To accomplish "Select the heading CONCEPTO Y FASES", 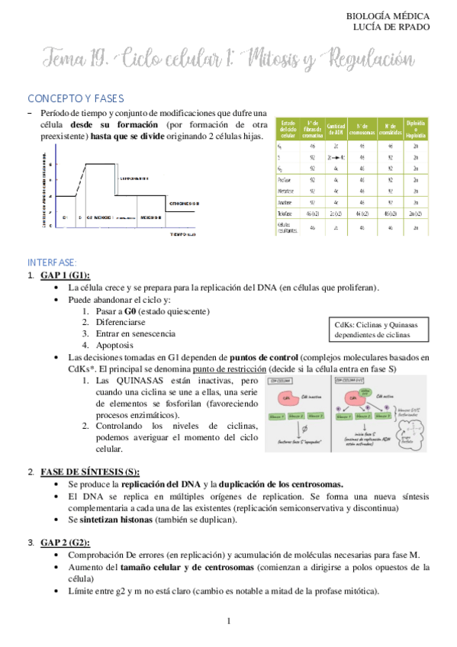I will coord(76,99).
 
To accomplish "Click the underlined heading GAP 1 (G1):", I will coord(66,275).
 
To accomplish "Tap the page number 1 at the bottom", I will coord(228,622).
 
